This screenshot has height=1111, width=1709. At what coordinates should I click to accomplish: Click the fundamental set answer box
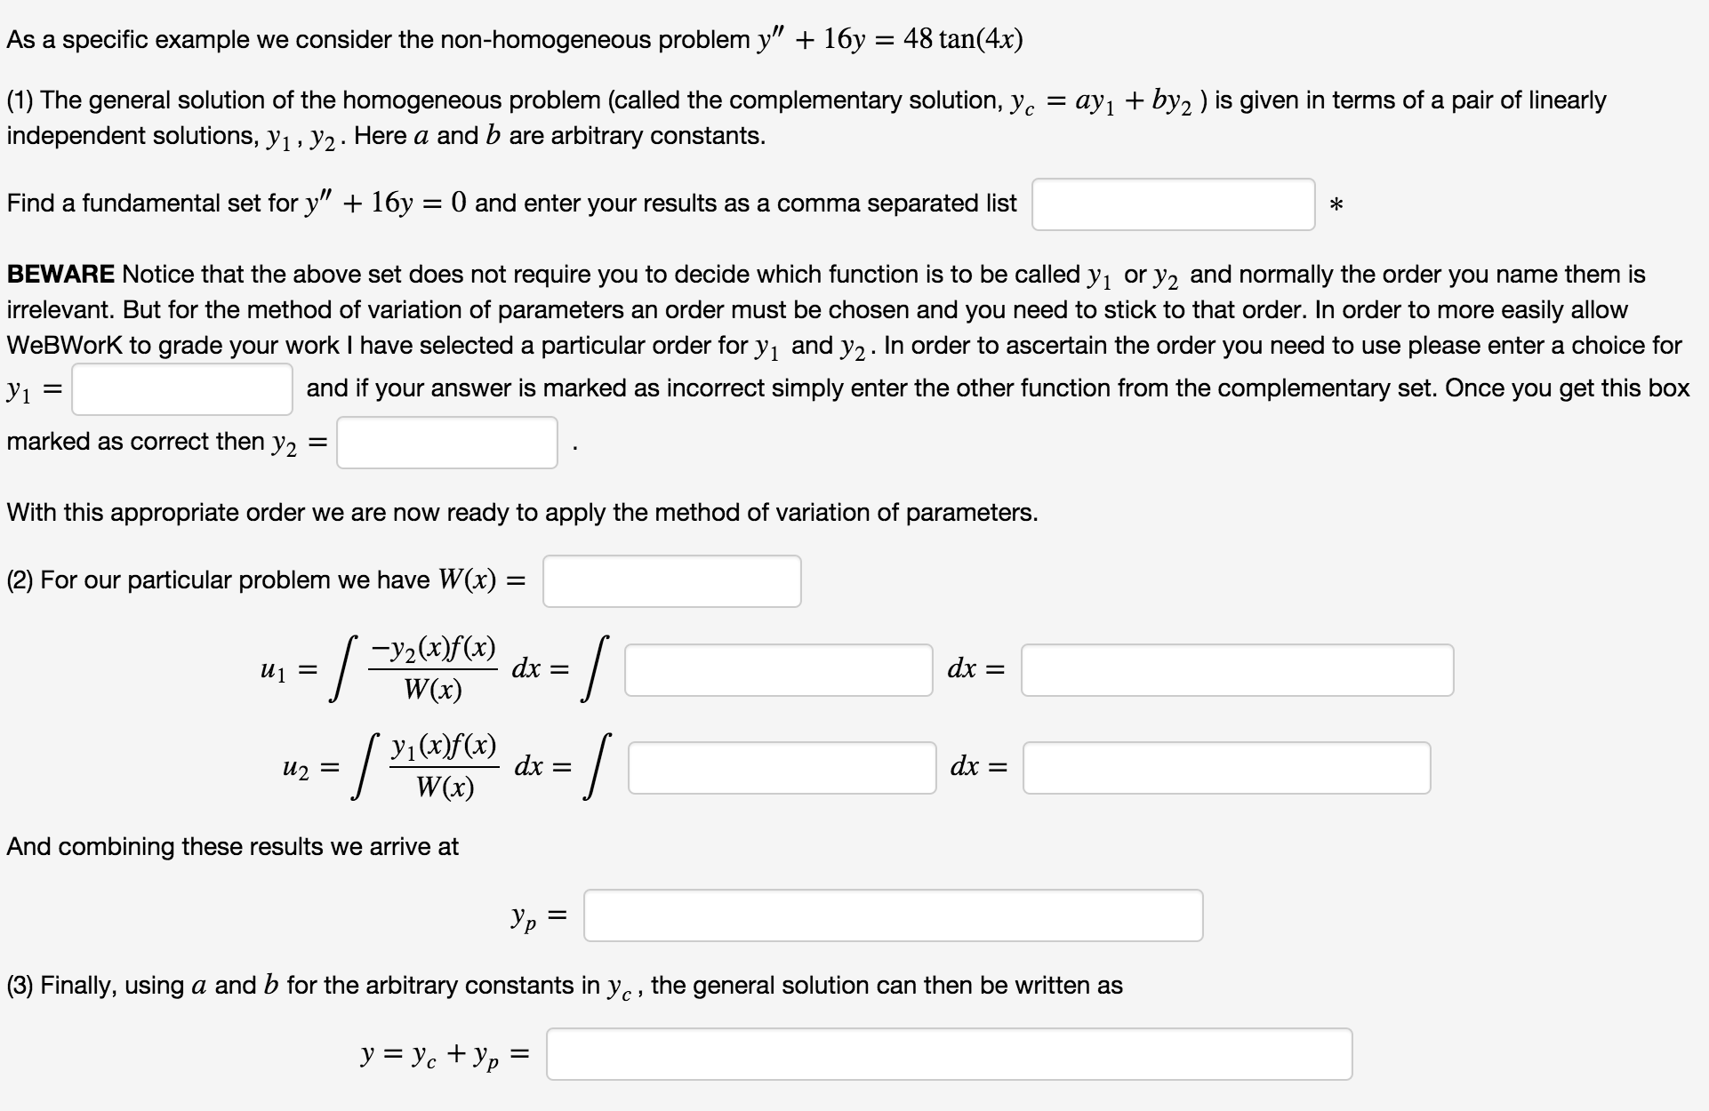coord(1173,204)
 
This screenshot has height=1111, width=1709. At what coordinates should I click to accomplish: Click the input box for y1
coord(182,389)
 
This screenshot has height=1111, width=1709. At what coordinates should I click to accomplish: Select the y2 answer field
coord(446,443)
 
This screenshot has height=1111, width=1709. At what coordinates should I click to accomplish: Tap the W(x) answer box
coord(671,581)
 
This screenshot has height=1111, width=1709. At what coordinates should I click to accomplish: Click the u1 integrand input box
coord(779,670)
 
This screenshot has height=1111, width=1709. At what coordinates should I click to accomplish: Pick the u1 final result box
coord(1237,670)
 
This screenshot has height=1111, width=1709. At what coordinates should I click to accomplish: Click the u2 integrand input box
coord(782,768)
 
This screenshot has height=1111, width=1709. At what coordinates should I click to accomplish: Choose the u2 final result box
coord(1226,768)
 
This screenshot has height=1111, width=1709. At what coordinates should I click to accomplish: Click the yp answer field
coord(893,915)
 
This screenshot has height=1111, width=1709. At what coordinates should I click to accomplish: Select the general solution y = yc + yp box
coord(949,1054)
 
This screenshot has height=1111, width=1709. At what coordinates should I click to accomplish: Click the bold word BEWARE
coord(60,275)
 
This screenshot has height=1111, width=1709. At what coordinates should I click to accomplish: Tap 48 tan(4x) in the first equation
coord(963,40)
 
